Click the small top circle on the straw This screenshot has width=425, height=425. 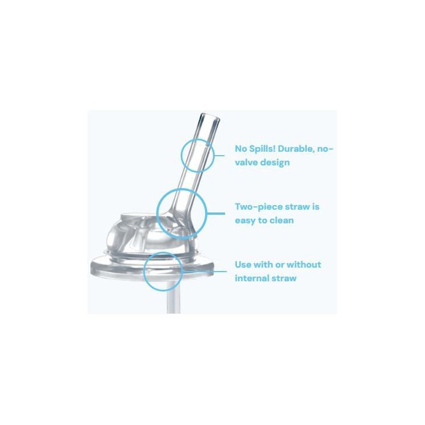coord(197,154)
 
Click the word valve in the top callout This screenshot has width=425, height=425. coord(247,163)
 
